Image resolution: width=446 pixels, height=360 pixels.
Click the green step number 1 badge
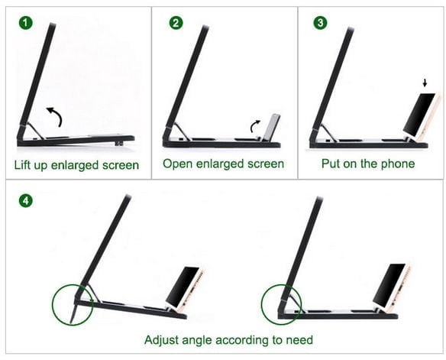[x=26, y=23]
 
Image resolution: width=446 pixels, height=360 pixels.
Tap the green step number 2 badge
[x=176, y=23]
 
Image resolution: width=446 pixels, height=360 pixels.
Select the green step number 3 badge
[x=320, y=23]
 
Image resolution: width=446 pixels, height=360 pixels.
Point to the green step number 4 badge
[x=26, y=201]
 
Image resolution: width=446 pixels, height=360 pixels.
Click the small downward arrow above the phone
[x=425, y=83]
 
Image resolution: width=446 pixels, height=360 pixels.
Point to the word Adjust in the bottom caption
[x=161, y=340]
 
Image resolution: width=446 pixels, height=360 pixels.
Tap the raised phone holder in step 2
[x=272, y=127]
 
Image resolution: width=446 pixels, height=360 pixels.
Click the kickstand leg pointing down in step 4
[x=73, y=311]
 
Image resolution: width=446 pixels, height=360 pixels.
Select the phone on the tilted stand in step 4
[x=185, y=289]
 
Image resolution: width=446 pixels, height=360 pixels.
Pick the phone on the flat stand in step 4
[x=391, y=286]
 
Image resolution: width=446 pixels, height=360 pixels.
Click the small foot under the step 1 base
[x=119, y=144]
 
